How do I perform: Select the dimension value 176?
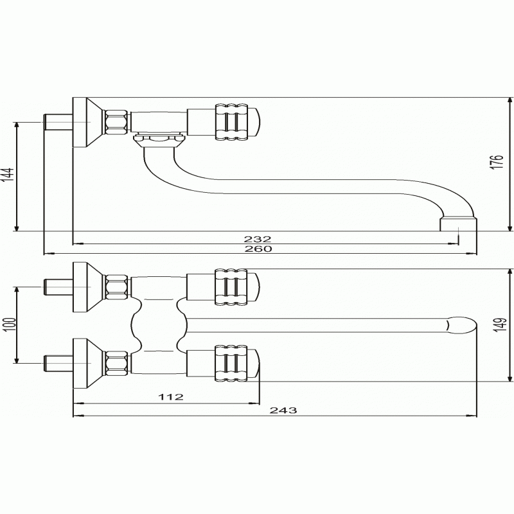[497, 162]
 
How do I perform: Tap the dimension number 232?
[258, 239]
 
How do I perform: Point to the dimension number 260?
[258, 249]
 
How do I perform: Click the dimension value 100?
[10, 324]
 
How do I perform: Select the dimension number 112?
[171, 397]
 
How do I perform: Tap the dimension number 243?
[283, 410]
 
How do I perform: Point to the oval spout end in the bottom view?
[461, 325]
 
